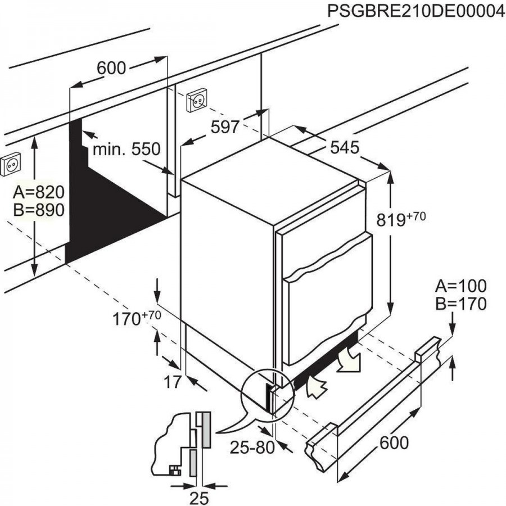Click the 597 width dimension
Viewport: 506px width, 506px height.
tap(225, 128)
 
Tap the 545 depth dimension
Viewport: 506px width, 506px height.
tap(344, 148)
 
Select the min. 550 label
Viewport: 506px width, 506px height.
tap(127, 150)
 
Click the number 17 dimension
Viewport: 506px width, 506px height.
tap(173, 382)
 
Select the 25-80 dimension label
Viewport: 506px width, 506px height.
tap(251, 447)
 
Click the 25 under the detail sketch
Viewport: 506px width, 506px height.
tap(198, 498)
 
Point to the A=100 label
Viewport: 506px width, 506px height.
tap(460, 286)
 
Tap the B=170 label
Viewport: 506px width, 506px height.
tap(460, 304)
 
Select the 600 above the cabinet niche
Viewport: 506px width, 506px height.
tap(111, 68)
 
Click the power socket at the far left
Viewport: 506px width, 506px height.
tap(11, 165)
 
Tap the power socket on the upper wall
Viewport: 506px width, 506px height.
tap(197, 101)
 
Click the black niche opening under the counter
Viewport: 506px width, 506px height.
tap(107, 202)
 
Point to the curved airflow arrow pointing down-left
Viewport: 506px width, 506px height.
tap(350, 360)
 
